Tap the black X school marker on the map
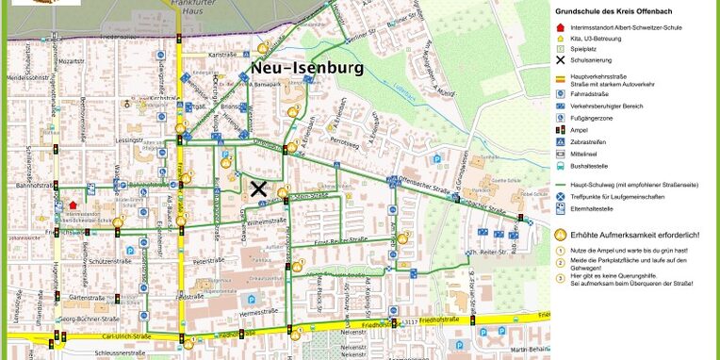pyautogui.click(x=258, y=188)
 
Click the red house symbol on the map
pyautogui.click(x=74, y=204)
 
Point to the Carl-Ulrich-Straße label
pyautogui.click(x=105, y=334)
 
